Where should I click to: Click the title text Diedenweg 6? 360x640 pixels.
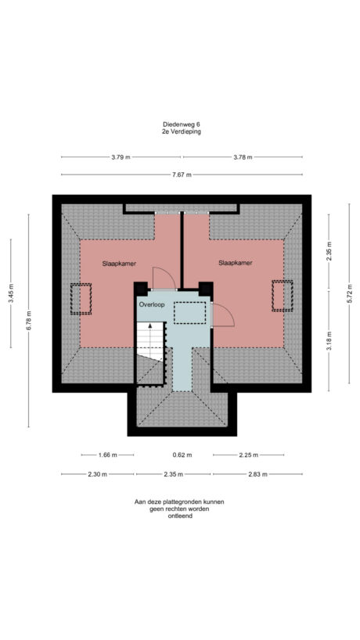tap(181, 124)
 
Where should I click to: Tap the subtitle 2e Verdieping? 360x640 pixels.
tap(181, 131)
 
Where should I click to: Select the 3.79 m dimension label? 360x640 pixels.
tap(121, 156)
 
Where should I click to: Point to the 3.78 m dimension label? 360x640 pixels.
tap(243, 156)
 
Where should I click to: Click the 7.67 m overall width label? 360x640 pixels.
tap(181, 174)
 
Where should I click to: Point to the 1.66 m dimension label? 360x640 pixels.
tap(108, 455)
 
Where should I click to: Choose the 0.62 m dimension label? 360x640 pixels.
tap(182, 455)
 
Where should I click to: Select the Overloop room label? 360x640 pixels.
tap(152, 304)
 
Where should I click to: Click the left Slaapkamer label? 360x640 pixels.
tap(119, 264)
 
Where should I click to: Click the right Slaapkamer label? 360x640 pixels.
tap(235, 264)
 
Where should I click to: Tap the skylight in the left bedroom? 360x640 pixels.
tap(81, 297)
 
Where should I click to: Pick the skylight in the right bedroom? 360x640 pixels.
tap(281, 295)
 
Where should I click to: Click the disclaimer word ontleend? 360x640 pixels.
tap(181, 516)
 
